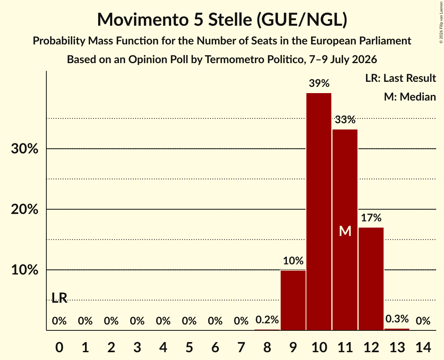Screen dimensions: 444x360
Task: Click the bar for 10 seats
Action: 319,212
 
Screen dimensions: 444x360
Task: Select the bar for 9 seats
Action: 293,300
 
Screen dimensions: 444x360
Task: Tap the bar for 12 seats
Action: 371,279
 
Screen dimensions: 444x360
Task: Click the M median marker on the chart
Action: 345,231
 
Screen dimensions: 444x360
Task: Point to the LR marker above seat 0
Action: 60,298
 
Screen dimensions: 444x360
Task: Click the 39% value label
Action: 319,83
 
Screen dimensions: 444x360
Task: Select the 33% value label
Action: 345,120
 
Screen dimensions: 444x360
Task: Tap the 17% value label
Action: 371,218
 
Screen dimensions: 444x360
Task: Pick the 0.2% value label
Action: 267,319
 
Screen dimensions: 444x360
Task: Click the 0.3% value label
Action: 397,319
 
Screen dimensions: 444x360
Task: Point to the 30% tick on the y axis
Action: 25,148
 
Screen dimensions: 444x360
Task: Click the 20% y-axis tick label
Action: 25,210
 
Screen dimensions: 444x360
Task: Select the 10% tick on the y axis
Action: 25,270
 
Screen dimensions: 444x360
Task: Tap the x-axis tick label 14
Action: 423,347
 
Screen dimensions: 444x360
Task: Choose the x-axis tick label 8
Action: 267,347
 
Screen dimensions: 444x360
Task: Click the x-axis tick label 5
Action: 189,347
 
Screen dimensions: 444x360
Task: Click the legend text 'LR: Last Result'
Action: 400,78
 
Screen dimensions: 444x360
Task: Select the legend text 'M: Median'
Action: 410,97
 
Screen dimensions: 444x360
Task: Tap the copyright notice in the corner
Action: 441,22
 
